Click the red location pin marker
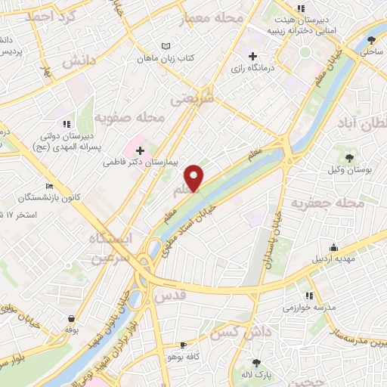(x=195, y=178)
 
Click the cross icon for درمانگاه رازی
(x=253, y=56)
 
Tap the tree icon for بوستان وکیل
(x=350, y=157)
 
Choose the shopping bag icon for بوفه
(x=71, y=318)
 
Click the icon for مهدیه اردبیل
(x=333, y=246)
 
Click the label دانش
(x=80, y=62)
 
